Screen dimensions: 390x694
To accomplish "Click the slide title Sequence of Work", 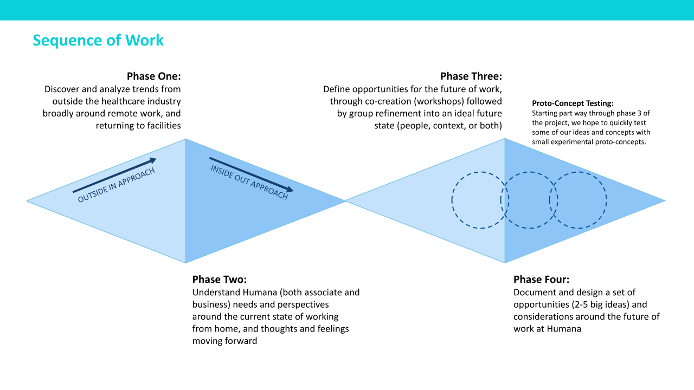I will tap(98, 40).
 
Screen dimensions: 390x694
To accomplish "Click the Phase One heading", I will tap(153, 76).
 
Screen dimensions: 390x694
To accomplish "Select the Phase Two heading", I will tap(220, 279).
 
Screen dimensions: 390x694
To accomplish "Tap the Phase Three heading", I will tap(471, 76).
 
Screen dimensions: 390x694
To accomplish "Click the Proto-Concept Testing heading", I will tap(573, 103).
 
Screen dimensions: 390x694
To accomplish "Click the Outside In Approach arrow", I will tap(115, 175).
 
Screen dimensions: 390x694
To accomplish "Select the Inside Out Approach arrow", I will tap(252, 174).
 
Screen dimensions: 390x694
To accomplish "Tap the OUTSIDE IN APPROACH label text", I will tap(117, 185).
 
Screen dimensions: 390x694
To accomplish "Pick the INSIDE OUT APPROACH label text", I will tap(249, 183).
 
